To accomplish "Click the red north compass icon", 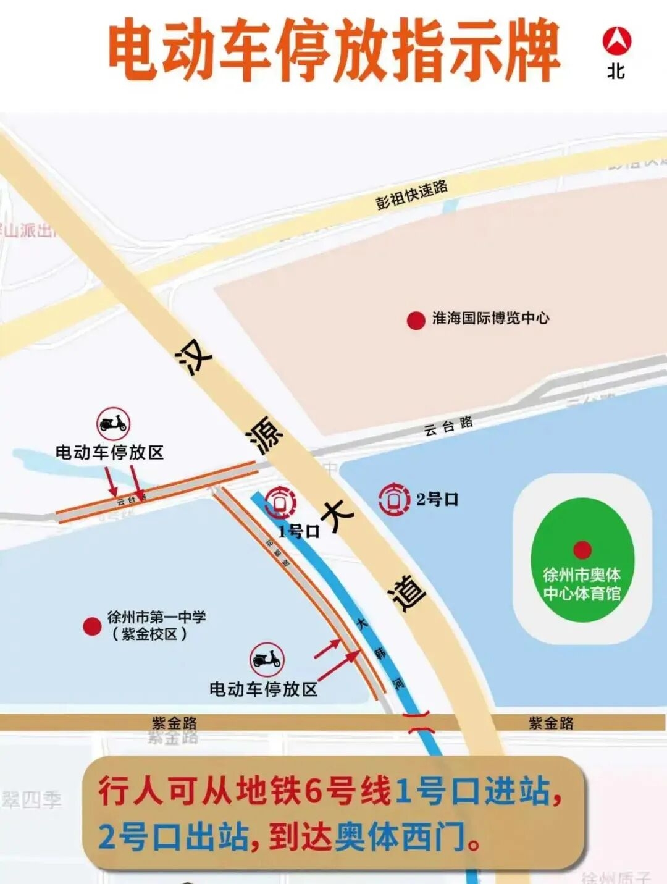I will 616,41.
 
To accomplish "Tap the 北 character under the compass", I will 616,71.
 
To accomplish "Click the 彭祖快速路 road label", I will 411,194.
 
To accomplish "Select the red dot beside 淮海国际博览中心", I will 416,321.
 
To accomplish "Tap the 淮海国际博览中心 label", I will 490,318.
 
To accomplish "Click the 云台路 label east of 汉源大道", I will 448,426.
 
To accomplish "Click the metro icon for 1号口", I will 280,502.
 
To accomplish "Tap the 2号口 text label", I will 437,500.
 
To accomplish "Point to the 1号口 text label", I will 299,531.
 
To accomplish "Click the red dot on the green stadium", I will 582,549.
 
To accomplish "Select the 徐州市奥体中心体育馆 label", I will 582,584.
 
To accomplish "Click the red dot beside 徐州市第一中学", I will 93,626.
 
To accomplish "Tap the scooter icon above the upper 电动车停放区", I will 113,424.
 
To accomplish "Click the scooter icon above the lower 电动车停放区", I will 267,660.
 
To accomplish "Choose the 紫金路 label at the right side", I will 551,723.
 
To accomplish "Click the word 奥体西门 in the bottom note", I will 400,838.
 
